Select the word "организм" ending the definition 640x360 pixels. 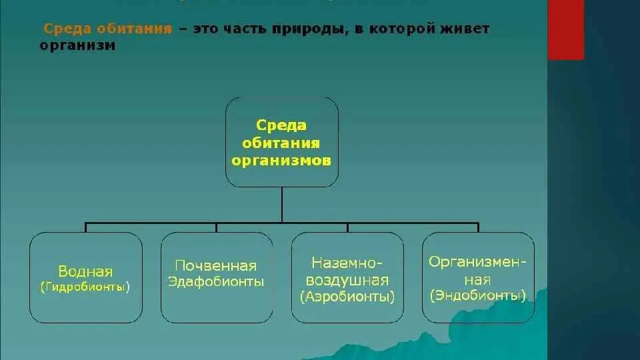click(77, 46)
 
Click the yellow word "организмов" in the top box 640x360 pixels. click(281, 161)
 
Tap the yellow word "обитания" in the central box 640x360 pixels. click(281, 143)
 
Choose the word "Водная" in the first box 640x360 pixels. click(85, 271)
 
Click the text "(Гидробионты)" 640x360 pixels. click(85, 287)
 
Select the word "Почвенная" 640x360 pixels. click(216, 266)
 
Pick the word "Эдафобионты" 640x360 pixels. click(216, 281)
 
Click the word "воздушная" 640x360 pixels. click(347, 280)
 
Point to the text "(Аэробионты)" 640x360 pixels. click(347, 296)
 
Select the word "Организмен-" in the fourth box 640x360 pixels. click(478, 262)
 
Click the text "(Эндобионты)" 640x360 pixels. click(478, 294)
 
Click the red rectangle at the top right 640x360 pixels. click(565, 29)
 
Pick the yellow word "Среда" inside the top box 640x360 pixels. click(281, 125)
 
